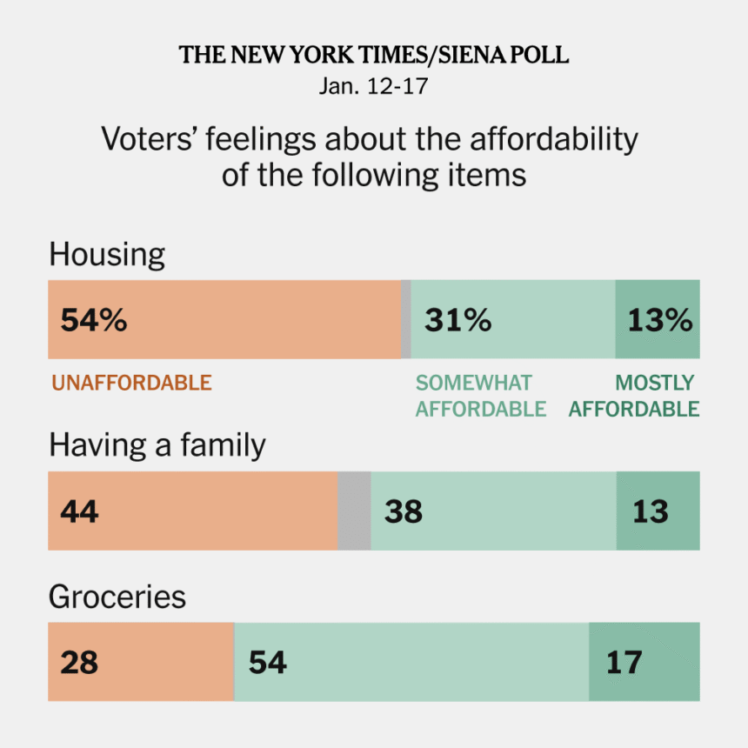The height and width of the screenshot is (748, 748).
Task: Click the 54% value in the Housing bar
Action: [93, 320]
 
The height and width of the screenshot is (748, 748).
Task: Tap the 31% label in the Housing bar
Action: [457, 320]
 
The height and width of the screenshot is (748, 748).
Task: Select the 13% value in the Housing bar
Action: [659, 320]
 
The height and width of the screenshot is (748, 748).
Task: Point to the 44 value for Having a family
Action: [79, 511]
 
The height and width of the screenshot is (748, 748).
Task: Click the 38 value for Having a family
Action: [403, 511]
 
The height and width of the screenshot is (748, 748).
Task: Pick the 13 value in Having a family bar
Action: [651, 511]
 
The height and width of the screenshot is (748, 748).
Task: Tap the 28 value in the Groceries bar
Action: [79, 662]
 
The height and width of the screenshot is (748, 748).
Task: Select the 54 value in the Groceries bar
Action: [267, 662]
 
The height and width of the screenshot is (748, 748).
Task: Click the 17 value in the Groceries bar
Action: [624, 662]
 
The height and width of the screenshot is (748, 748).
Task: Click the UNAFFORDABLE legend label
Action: [131, 383]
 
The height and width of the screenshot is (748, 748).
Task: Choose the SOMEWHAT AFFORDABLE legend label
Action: [480, 396]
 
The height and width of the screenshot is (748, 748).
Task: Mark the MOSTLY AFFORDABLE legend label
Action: [634, 396]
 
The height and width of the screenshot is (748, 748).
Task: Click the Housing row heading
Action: [107, 255]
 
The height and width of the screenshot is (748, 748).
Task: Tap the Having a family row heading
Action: [157, 445]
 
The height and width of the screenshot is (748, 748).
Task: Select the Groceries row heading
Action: [117, 597]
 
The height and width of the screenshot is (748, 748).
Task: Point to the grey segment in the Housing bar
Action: [405, 320]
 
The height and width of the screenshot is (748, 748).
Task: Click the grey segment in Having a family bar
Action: [354, 511]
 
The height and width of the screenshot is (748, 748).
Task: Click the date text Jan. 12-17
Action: [374, 88]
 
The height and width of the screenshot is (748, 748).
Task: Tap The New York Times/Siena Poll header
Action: [374, 56]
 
